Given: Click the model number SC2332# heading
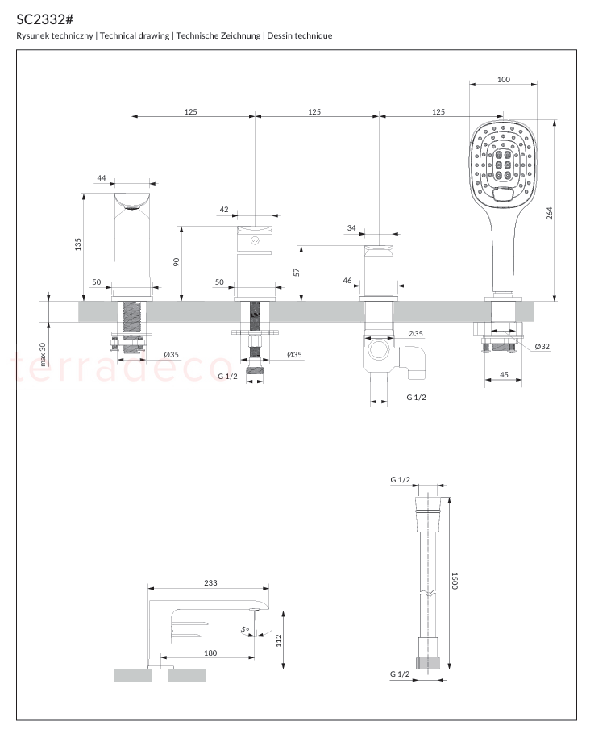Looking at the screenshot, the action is coord(45,19).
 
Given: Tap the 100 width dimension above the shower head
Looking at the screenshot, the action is coord(504,80).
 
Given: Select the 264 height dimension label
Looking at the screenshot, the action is coord(549,213).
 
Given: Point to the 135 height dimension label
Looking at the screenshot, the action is coord(77,244).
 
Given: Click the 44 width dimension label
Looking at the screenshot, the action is coord(102,178).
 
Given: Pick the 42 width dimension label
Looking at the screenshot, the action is coord(224,209).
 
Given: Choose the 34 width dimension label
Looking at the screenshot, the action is coord(351,228).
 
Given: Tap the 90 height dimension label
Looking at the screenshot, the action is coord(176,262).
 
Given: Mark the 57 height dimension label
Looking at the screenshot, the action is coord(296,272).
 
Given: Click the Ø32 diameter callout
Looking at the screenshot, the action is coord(542,346).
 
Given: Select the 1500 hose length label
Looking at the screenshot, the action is coord(455,581).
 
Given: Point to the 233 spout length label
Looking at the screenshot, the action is coord(210,583).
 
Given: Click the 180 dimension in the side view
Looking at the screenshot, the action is coord(210,653).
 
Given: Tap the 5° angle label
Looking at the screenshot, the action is coord(245,630).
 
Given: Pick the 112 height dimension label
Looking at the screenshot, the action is coord(279,640).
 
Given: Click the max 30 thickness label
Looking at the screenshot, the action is coord(43,354).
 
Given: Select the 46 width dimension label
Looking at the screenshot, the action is coord(347,281).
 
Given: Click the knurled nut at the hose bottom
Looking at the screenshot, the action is coord(428,663).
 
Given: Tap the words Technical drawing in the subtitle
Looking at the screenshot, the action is coord(135,35).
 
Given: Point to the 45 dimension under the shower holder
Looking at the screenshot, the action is coord(504,374).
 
